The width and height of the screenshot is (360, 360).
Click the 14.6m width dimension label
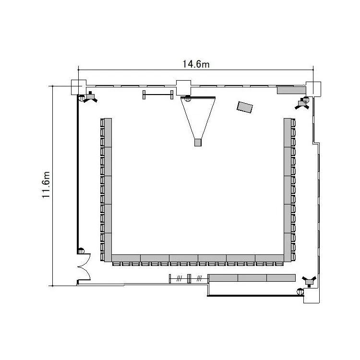(196, 64)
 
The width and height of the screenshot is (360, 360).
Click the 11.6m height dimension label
(46, 185)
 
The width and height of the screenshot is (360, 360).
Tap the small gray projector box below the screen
(198, 143)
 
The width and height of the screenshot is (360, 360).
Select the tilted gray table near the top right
(245, 107)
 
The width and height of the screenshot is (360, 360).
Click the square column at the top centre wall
(183, 88)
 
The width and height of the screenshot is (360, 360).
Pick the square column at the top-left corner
(79, 87)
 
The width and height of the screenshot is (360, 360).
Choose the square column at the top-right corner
(313, 89)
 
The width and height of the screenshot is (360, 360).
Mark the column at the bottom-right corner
(312, 296)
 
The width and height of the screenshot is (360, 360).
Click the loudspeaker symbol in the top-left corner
(90, 97)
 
